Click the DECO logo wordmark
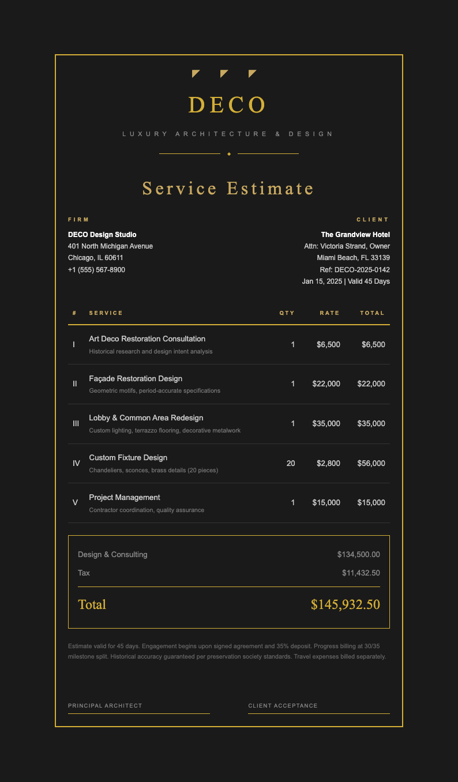point(228,105)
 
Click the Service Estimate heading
point(228,189)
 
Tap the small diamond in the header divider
point(229,154)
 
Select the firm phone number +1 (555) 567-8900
point(96,270)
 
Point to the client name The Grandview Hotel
point(355,235)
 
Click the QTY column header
point(287,313)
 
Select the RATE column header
point(330,313)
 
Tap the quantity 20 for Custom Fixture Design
point(290,463)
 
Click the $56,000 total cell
point(371,463)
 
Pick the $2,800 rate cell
point(328,463)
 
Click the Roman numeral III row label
point(76,424)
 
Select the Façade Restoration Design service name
point(136,379)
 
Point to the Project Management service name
point(125,498)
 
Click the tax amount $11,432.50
point(361,573)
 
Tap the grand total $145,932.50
point(345,604)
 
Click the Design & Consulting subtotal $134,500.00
point(358,555)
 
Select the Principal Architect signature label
point(105,706)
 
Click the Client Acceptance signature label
point(283,706)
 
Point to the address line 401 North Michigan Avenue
point(110,246)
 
